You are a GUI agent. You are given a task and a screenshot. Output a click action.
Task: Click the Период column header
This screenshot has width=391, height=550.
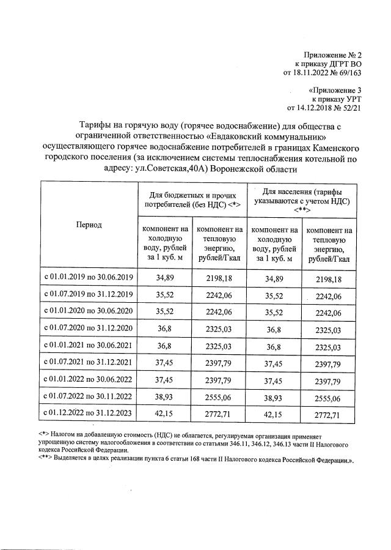tap(89, 225)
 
